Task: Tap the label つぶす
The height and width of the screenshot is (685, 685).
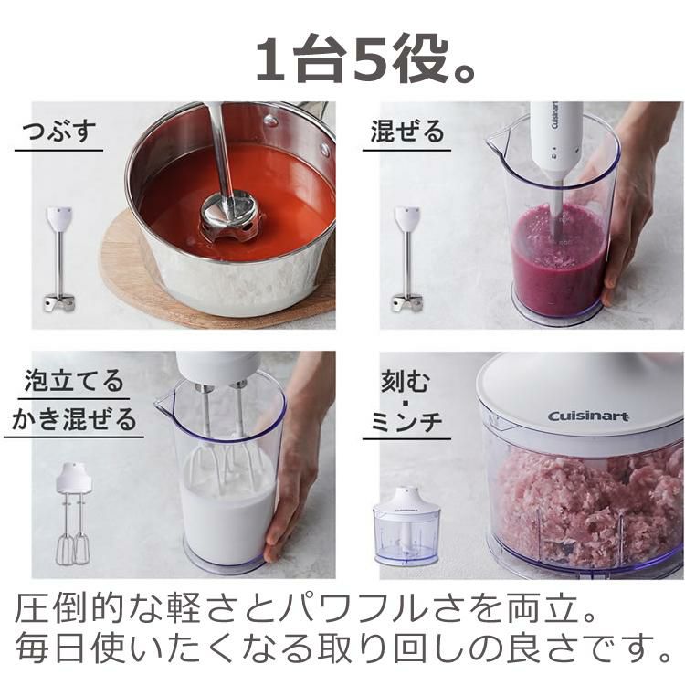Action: [58, 132]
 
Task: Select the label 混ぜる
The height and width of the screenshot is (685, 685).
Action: [407, 132]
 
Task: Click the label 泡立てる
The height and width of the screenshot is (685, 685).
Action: [74, 381]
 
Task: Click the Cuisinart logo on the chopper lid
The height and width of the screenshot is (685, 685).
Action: [588, 416]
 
